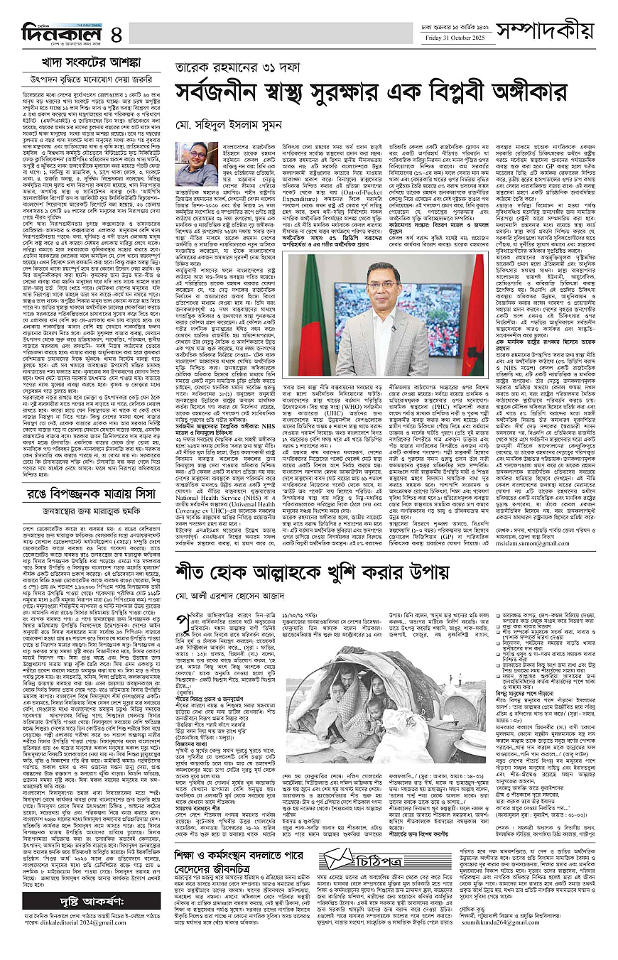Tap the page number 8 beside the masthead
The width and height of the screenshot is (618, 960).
tap(116, 33)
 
